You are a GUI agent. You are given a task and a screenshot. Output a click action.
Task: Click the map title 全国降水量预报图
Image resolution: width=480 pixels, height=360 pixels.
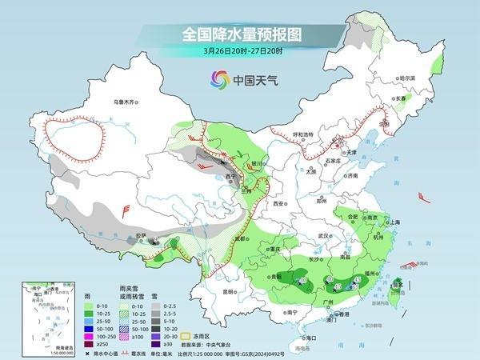(x=239, y=35)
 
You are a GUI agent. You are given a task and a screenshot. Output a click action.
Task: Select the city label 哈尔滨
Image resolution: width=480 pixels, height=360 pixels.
(x=408, y=77)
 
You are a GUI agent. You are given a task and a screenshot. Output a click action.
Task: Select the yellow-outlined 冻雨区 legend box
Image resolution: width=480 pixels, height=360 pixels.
(x=166, y=329)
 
